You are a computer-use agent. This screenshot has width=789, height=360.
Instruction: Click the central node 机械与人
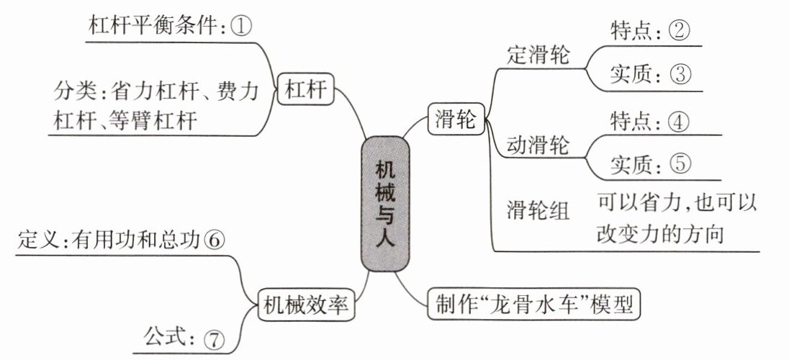385,204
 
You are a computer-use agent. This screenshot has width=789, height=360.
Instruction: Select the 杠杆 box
306,89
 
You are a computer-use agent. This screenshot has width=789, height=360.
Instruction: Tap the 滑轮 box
456,119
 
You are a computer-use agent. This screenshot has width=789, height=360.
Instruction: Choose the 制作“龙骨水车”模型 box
534,304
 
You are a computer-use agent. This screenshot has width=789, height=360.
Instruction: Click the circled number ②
680,31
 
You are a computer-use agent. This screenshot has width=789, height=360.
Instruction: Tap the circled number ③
680,75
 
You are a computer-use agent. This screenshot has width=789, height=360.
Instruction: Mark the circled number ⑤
681,164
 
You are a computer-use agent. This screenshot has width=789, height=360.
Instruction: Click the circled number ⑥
214,240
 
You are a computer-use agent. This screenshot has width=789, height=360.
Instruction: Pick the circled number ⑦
214,341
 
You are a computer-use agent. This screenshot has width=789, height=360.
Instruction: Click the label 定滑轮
538,55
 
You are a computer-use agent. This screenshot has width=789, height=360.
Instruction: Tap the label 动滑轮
538,145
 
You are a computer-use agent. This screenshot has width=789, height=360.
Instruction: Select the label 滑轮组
538,210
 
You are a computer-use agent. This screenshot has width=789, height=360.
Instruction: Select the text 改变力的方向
660,233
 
